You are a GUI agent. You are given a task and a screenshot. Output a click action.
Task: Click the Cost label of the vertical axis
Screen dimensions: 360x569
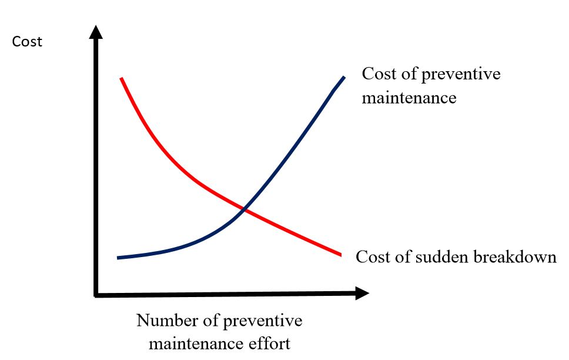coord(28,42)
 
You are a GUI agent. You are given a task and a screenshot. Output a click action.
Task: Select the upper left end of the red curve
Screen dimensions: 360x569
coord(121,78)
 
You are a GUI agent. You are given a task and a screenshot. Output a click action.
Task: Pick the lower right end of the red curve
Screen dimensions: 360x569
coord(340,254)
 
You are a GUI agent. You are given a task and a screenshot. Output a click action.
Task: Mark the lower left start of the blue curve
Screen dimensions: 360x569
coord(119,258)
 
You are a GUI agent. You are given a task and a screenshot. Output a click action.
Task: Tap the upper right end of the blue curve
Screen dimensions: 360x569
coord(344,77)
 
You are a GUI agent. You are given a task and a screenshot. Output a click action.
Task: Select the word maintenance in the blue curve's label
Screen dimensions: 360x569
coord(409,96)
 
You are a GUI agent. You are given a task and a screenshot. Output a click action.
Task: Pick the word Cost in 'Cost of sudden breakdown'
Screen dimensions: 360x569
coord(371,257)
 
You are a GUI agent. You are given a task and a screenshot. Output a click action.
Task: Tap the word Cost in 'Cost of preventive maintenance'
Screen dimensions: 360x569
coord(377,75)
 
